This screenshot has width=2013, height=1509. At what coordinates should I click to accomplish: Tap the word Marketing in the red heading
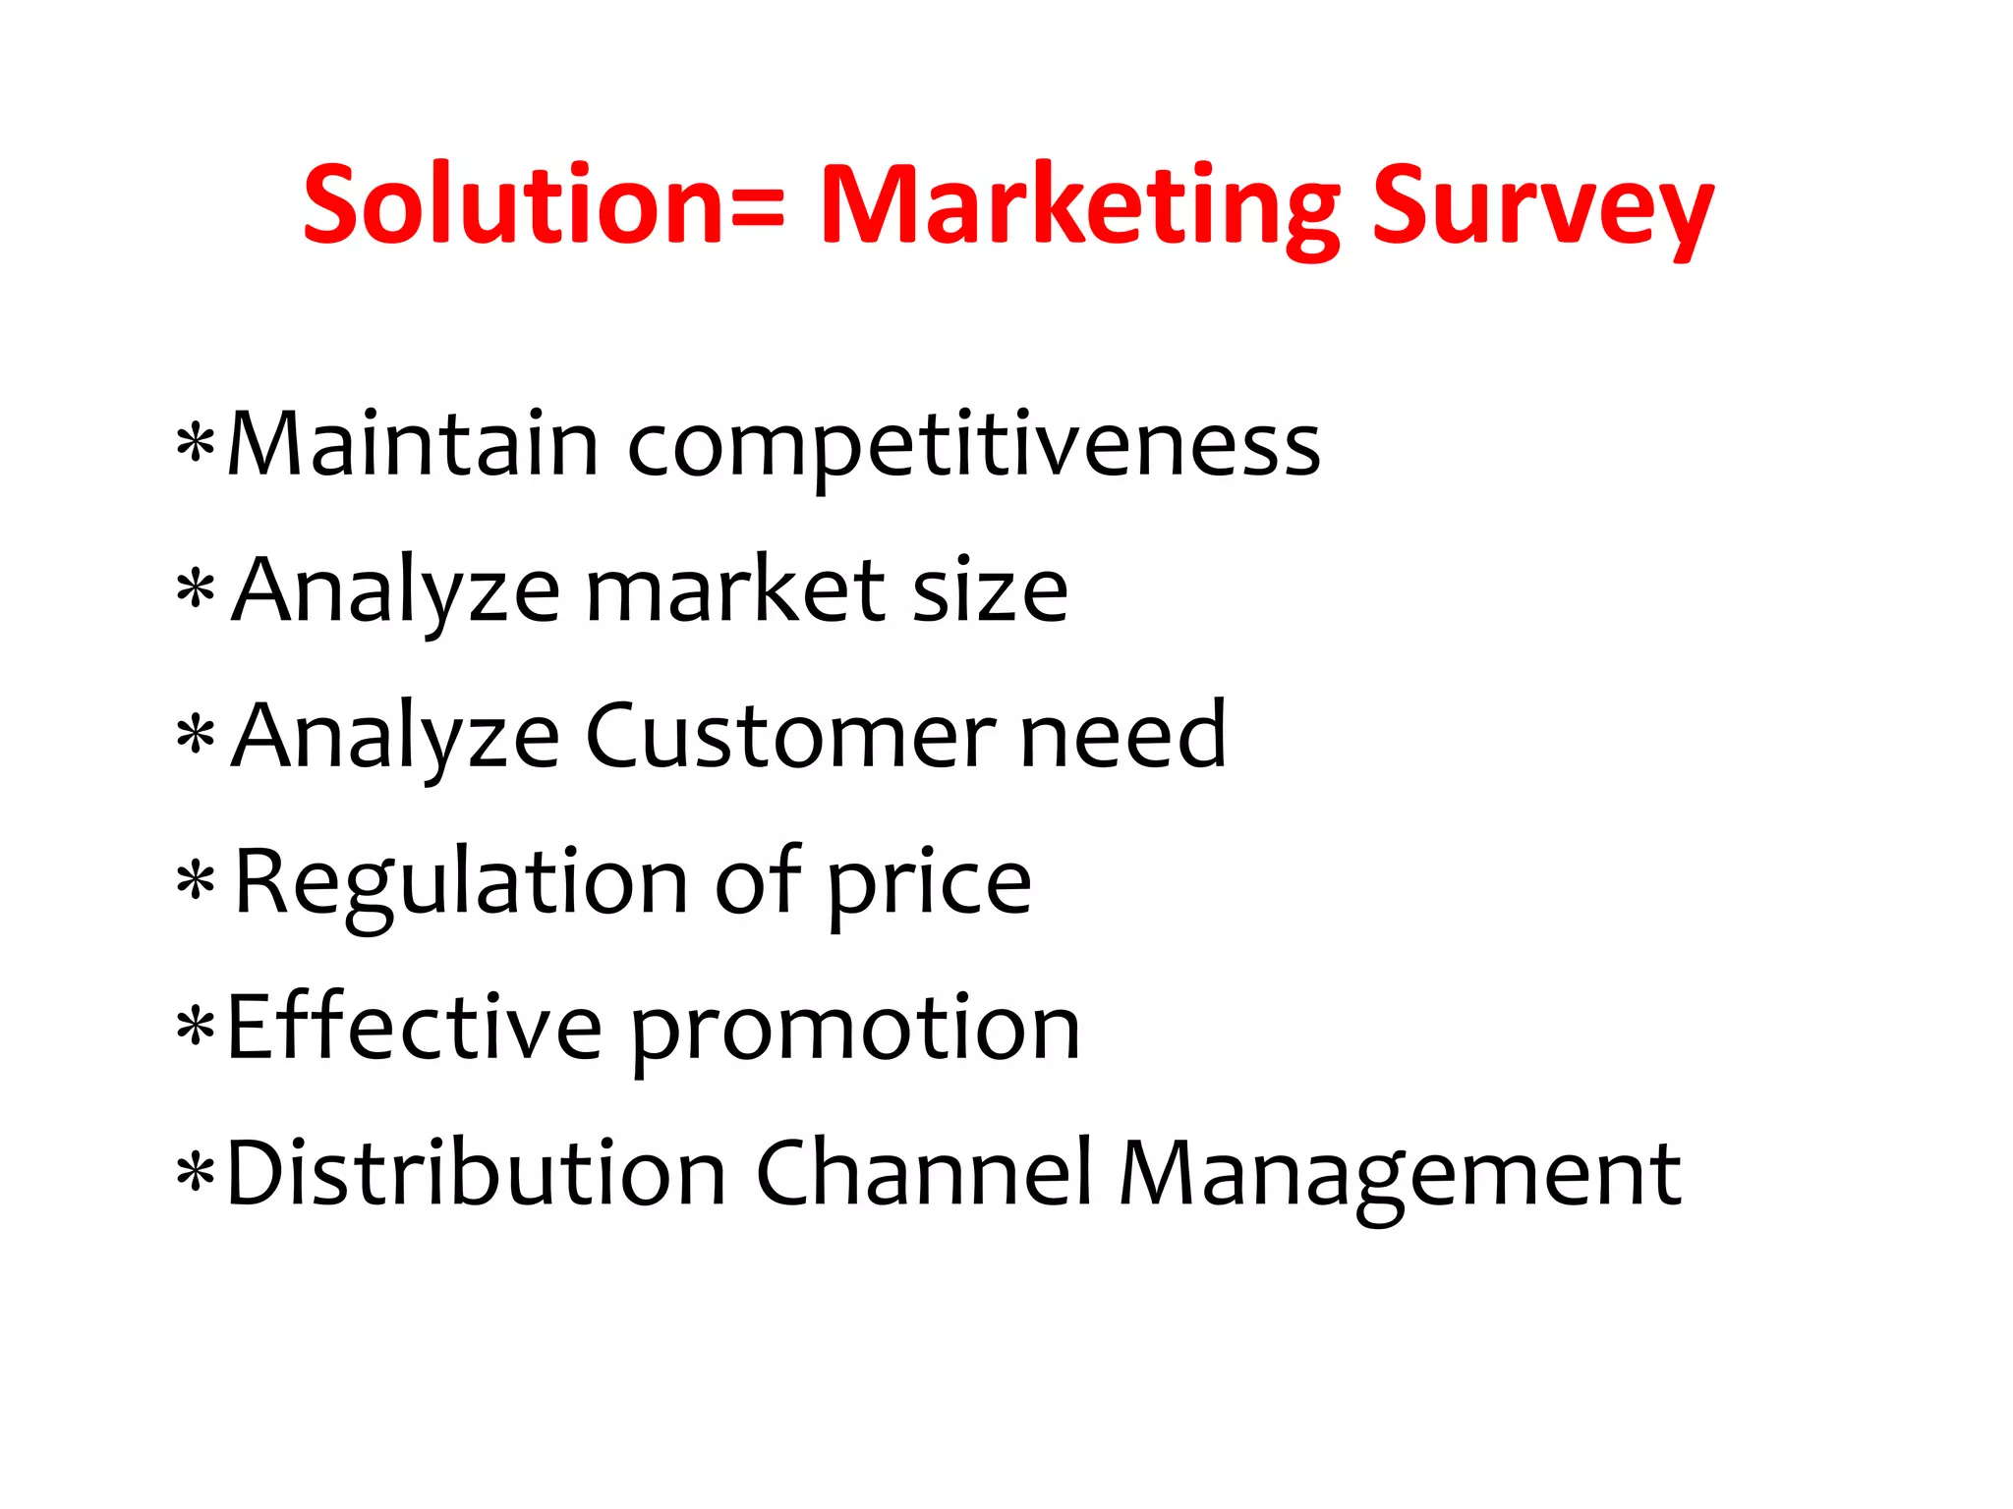click(x=1079, y=208)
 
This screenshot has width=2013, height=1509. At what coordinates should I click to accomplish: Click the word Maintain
click(x=412, y=444)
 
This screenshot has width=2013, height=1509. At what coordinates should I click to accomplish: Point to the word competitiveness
click(x=973, y=447)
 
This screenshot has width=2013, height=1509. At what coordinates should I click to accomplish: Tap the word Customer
click(x=789, y=736)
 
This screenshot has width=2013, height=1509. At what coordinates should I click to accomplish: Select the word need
click(x=1123, y=736)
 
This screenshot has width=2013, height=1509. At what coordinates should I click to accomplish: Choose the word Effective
click(x=414, y=1028)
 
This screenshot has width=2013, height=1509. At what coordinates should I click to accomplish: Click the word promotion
click(x=855, y=1032)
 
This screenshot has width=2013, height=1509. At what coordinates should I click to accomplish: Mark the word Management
click(x=1400, y=1176)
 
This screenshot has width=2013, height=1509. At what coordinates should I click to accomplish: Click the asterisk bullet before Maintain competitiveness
click(x=196, y=445)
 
